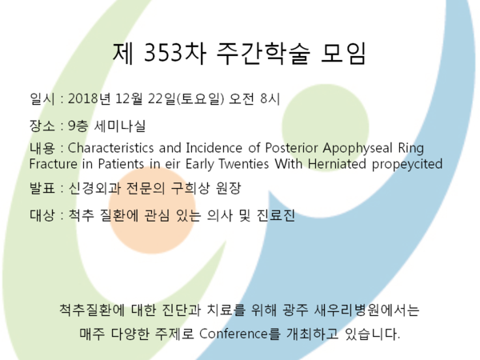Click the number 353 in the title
[x=163, y=53]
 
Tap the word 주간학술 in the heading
[x=263, y=53]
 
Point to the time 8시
[x=270, y=99]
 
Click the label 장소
[x=42, y=126]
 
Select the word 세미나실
[x=119, y=126]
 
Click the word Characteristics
[x=110, y=148]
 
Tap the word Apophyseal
[x=358, y=149]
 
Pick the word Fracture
[x=54, y=164]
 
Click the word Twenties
[x=244, y=164]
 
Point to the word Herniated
[x=337, y=164]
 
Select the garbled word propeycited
[x=407, y=164]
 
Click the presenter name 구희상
[x=190, y=188]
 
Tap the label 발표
[x=42, y=188]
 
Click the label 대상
[x=42, y=215]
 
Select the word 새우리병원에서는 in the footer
[x=366, y=310]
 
